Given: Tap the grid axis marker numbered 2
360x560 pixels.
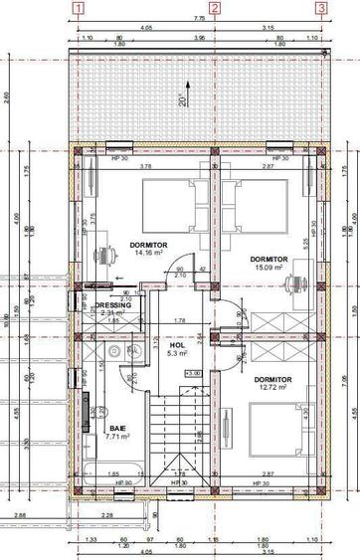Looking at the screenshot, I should [215, 7].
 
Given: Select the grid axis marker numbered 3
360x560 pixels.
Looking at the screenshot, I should [321, 7].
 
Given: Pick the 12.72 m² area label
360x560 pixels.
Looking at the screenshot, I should [271, 388].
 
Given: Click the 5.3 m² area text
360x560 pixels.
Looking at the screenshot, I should [179, 353].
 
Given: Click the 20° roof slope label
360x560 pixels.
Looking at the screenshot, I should [182, 100].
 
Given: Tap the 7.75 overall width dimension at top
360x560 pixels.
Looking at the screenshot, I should [199, 18].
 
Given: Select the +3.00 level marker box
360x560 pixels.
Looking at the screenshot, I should [194, 373].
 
